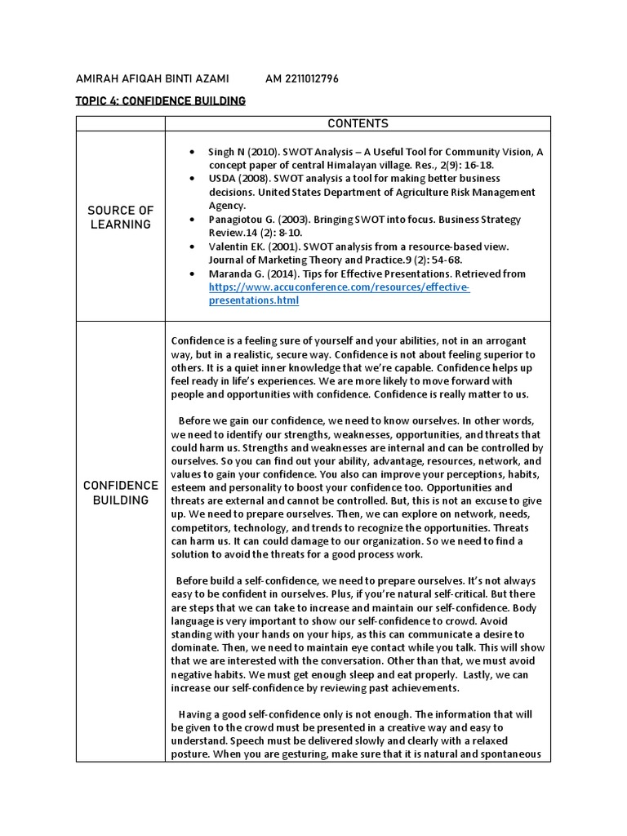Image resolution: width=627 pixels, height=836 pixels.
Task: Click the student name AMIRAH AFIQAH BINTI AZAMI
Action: [x=152, y=78]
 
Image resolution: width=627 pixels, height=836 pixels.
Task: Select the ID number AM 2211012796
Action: [x=302, y=78]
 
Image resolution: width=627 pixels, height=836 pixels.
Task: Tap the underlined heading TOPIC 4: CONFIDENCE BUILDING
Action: [x=160, y=101]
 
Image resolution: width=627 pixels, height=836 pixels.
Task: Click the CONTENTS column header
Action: [x=358, y=124]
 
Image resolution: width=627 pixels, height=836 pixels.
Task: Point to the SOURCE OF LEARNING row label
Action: [x=121, y=218]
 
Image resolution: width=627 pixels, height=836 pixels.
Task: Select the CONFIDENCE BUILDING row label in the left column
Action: [x=121, y=492]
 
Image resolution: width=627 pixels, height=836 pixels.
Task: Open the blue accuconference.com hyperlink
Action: [x=339, y=294]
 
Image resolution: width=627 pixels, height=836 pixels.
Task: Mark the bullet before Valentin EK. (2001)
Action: [x=192, y=247]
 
